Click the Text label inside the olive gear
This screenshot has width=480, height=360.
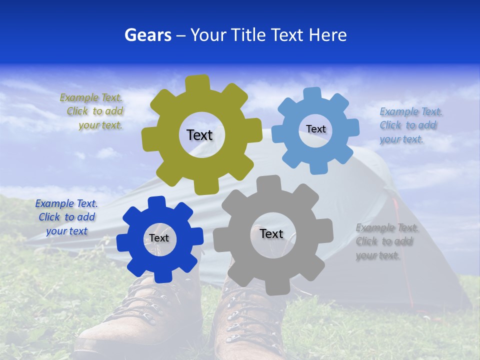pos(199,135)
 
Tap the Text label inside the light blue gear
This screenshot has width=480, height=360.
pos(315,129)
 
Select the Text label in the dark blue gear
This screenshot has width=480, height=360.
pos(159,238)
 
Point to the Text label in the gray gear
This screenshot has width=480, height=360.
pos(271,233)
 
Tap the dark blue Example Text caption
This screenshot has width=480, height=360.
pos(66,217)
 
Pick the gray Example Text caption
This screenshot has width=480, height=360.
pos(386,241)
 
